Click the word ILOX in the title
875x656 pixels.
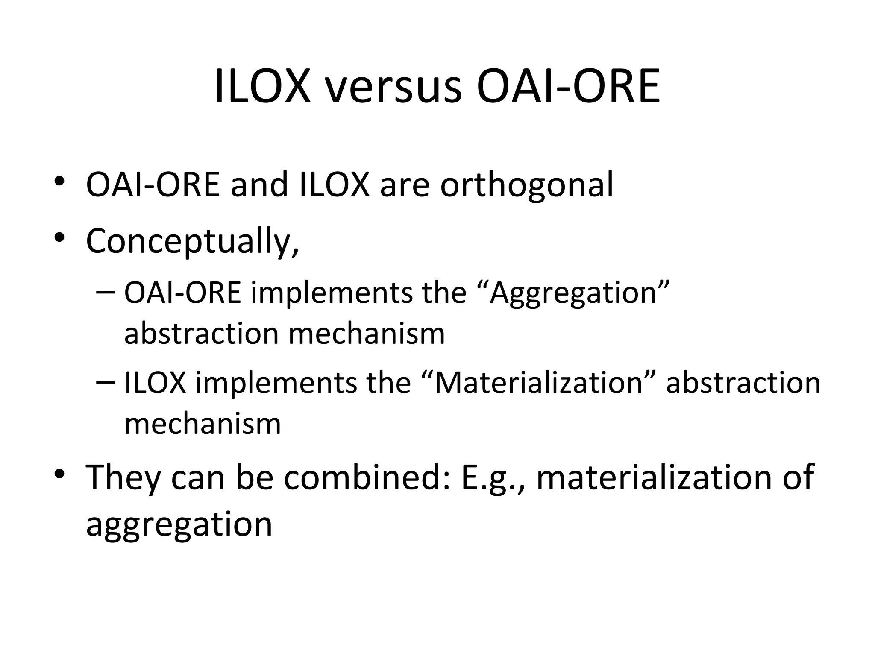[262, 87]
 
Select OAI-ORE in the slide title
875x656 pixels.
[568, 87]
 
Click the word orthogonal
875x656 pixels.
[527, 185]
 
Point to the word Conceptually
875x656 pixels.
[192, 242]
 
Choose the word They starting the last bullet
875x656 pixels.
[123, 477]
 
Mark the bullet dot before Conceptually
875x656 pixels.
[59, 237]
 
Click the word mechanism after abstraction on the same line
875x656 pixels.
[367, 334]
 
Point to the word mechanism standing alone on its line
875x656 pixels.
[203, 424]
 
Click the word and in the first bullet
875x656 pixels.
[259, 185]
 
